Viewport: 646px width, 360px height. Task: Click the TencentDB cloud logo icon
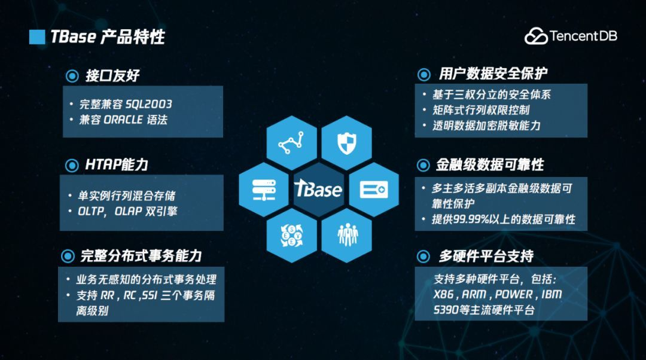[536, 36]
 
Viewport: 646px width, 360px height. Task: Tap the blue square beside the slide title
[37, 36]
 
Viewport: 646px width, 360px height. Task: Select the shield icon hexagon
[346, 143]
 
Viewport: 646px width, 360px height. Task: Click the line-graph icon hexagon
[292, 143]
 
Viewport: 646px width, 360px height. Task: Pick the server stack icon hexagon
[264, 190]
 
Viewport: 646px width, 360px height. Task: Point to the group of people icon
[348, 235]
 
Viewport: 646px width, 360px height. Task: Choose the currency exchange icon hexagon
[292, 236]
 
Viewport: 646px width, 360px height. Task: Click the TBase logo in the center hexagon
[318, 189]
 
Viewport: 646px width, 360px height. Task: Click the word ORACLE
[123, 120]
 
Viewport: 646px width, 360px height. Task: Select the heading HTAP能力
[116, 165]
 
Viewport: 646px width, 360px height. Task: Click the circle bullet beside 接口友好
[72, 76]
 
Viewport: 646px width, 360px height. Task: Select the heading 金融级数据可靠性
[490, 165]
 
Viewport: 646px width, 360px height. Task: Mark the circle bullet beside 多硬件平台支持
[423, 256]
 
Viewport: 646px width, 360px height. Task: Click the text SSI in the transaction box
[150, 295]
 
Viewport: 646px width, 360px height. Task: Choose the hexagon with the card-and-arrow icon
[374, 190]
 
